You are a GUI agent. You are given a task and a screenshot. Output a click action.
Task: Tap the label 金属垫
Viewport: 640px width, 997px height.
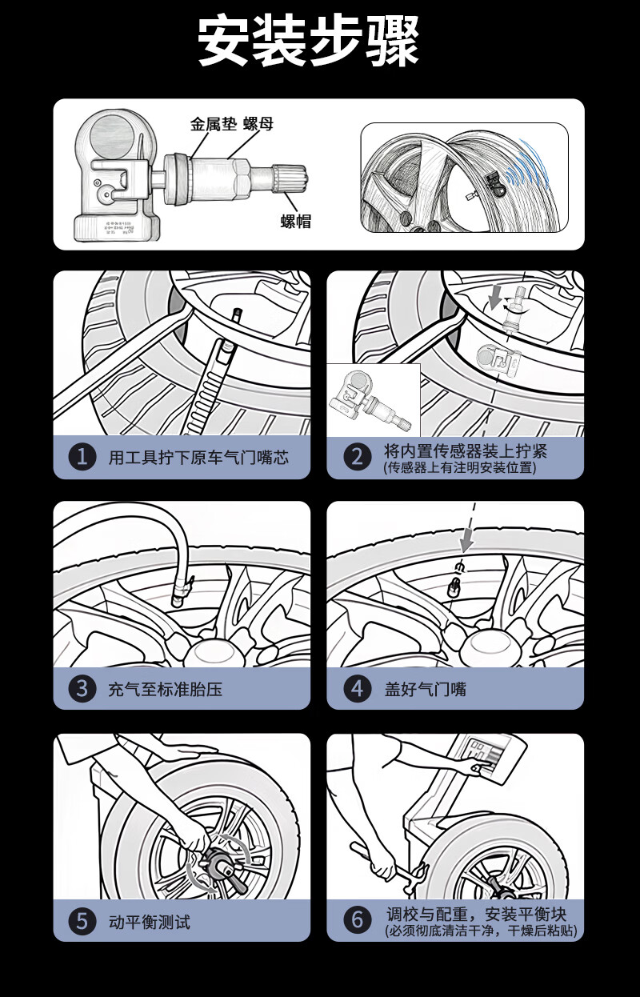(x=213, y=124)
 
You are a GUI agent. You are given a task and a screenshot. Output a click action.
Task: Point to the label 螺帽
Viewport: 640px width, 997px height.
(x=295, y=222)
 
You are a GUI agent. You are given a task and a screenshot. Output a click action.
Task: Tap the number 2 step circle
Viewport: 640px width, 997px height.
(x=357, y=457)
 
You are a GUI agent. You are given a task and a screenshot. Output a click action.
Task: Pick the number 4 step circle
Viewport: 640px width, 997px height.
(x=357, y=688)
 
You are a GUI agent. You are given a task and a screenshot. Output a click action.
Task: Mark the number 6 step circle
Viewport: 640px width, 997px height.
(x=357, y=921)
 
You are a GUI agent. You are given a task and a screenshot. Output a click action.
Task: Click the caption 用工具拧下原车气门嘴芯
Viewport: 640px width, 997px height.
(x=198, y=458)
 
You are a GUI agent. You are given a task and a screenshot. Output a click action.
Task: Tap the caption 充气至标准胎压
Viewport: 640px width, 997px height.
(x=165, y=689)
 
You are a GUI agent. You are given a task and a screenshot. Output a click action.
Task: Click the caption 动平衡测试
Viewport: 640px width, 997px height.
(x=150, y=922)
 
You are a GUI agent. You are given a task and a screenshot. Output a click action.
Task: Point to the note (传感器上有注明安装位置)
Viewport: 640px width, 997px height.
(x=459, y=468)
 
